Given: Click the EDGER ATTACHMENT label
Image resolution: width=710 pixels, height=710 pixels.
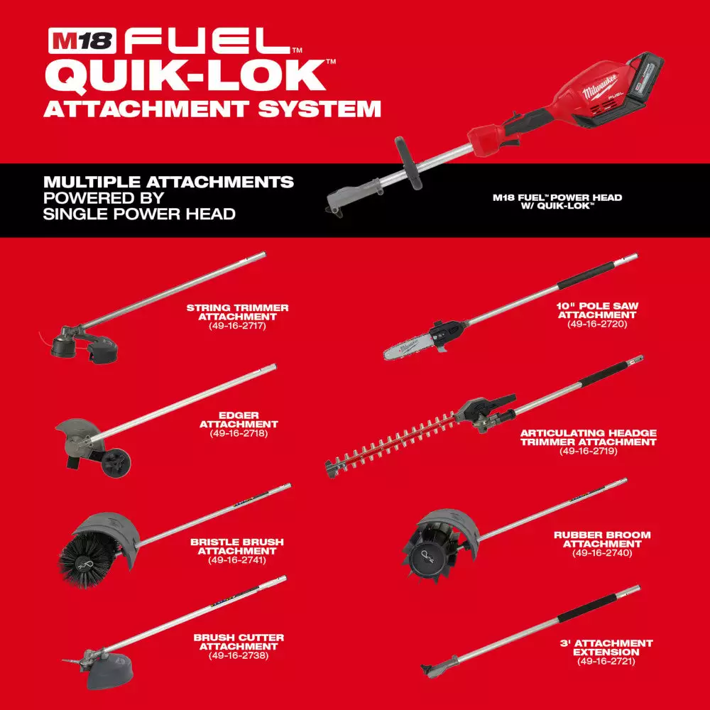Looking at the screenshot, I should [239, 419].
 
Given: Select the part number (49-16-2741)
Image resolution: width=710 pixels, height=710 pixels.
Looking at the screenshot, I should [237, 560].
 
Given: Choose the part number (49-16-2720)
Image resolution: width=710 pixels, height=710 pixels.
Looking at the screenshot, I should [598, 324].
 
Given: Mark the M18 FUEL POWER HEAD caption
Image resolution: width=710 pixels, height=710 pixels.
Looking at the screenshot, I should [557, 202].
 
